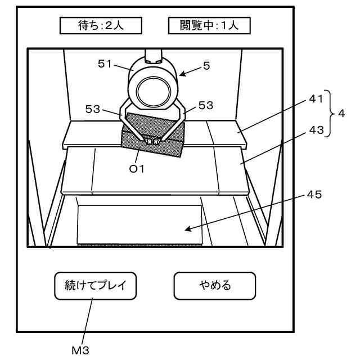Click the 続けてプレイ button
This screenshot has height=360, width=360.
(95, 286)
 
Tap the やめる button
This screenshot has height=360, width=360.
(214, 286)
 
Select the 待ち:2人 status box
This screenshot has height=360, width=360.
(101, 25)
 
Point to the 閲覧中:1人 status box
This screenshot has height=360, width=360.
(209, 25)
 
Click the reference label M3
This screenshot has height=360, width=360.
(80, 350)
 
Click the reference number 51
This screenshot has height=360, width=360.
(106, 64)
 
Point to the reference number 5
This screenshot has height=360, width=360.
(206, 66)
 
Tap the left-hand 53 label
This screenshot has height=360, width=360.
(93, 109)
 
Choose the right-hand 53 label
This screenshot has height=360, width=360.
(206, 106)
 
